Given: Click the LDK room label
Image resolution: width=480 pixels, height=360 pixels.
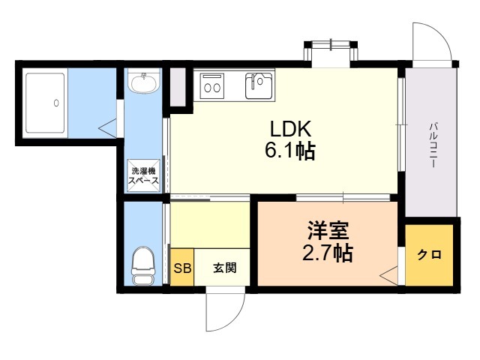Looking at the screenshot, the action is pos(290,129).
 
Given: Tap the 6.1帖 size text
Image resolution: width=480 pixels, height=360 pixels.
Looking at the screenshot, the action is pos(290,151).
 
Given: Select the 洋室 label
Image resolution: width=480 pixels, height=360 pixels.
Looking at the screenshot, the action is pos(328,230).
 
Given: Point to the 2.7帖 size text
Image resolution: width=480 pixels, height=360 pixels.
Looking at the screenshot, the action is pos(328,253).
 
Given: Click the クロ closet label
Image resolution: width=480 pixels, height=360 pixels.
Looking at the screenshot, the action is pos(430,254).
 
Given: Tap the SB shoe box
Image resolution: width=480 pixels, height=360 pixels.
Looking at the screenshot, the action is pos(182,268).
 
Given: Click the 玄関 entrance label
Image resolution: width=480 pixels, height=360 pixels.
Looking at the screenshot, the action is pos(225,268).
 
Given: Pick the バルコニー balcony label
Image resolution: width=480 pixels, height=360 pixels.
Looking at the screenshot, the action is pos(433,145).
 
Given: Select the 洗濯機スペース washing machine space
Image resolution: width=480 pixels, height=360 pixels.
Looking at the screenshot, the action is pos(143,175).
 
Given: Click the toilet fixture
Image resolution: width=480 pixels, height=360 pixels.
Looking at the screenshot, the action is pos(143,265).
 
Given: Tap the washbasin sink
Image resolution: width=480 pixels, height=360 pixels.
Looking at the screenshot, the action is pos(143,82).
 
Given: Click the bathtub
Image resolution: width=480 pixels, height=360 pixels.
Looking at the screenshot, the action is pos(45,103).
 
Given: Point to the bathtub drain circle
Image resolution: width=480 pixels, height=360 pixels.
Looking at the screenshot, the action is pos(56,103).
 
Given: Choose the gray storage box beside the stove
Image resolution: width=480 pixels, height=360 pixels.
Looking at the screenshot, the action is pos(178,88).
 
